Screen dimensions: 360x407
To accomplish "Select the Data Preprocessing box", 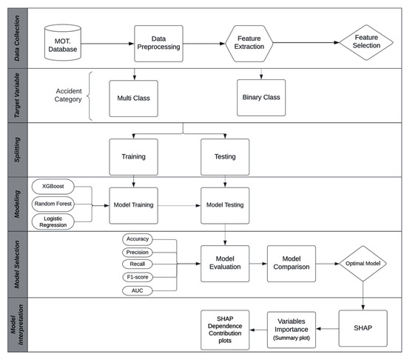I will (158, 44).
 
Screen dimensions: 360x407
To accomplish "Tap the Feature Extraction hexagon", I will (250, 44).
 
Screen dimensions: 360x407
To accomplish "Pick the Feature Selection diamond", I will (367, 44).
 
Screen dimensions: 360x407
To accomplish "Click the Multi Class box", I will (134, 97).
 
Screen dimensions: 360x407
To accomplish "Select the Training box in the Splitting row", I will (134, 156).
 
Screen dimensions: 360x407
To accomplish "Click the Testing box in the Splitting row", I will (225, 156).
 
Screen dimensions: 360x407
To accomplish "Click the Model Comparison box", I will (291, 264).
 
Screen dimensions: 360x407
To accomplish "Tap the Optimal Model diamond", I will (362, 263).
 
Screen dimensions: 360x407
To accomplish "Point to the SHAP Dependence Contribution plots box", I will (226, 327).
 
